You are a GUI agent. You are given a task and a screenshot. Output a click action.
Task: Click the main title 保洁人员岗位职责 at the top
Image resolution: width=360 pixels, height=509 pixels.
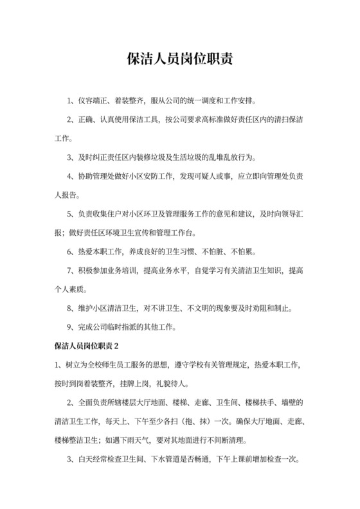pos(179,59)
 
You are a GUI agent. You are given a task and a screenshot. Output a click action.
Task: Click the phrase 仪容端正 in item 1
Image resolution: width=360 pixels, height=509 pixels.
pos(94,101)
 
